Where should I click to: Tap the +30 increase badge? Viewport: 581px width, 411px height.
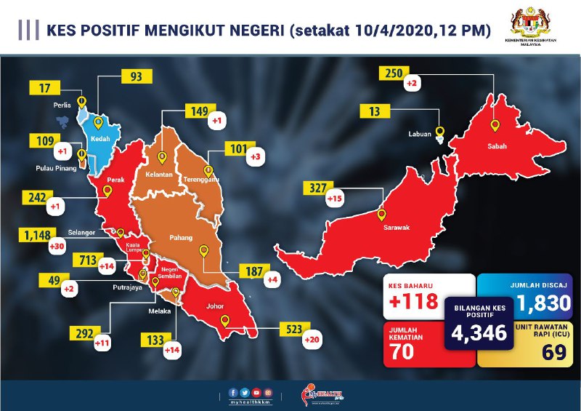tap(55, 247)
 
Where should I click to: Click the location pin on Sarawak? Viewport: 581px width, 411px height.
tap(382, 215)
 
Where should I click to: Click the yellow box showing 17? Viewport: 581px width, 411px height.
tap(44, 89)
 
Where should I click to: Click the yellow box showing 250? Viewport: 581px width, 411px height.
tap(394, 74)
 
